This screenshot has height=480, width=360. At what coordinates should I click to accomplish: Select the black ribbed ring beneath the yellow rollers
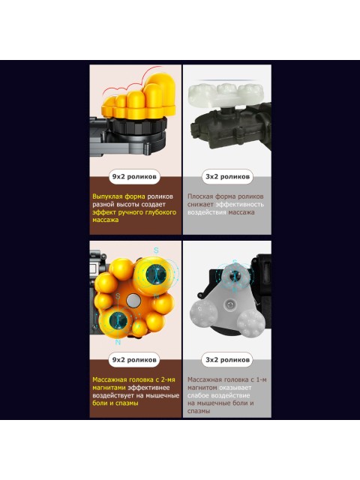[x=138, y=125]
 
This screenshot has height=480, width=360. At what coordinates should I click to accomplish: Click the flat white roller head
[x=226, y=94]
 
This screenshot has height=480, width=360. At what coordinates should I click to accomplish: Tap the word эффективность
[x=240, y=204]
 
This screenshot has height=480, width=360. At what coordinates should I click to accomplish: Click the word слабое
[x=197, y=395]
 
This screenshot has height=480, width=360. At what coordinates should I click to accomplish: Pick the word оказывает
[x=235, y=388]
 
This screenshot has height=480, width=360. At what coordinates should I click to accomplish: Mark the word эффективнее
[x=148, y=388]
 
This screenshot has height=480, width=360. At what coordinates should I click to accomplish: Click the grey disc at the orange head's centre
[x=133, y=301]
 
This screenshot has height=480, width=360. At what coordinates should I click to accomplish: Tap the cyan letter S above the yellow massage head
[x=156, y=250]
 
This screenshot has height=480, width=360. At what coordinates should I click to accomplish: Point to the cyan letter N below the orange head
[x=118, y=343]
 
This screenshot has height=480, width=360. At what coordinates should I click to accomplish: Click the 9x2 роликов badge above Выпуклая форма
[x=134, y=177]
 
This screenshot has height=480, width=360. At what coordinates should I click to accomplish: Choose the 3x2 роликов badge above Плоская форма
[x=227, y=177]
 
